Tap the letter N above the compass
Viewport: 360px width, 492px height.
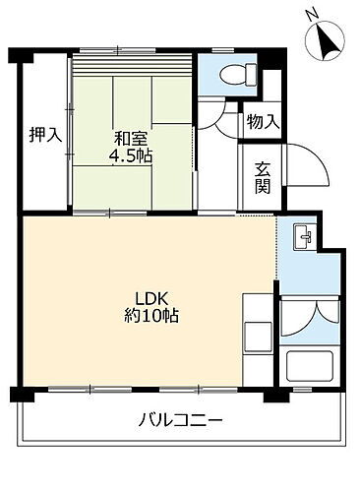[311, 13]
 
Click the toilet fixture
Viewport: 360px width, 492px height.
[235, 73]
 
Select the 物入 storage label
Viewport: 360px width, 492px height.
[262, 122]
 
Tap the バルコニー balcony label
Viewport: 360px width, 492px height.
[181, 420]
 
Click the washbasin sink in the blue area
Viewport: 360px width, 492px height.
[304, 237]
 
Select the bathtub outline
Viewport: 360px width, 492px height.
[311, 369]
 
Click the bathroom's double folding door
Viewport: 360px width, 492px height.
[311, 318]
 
